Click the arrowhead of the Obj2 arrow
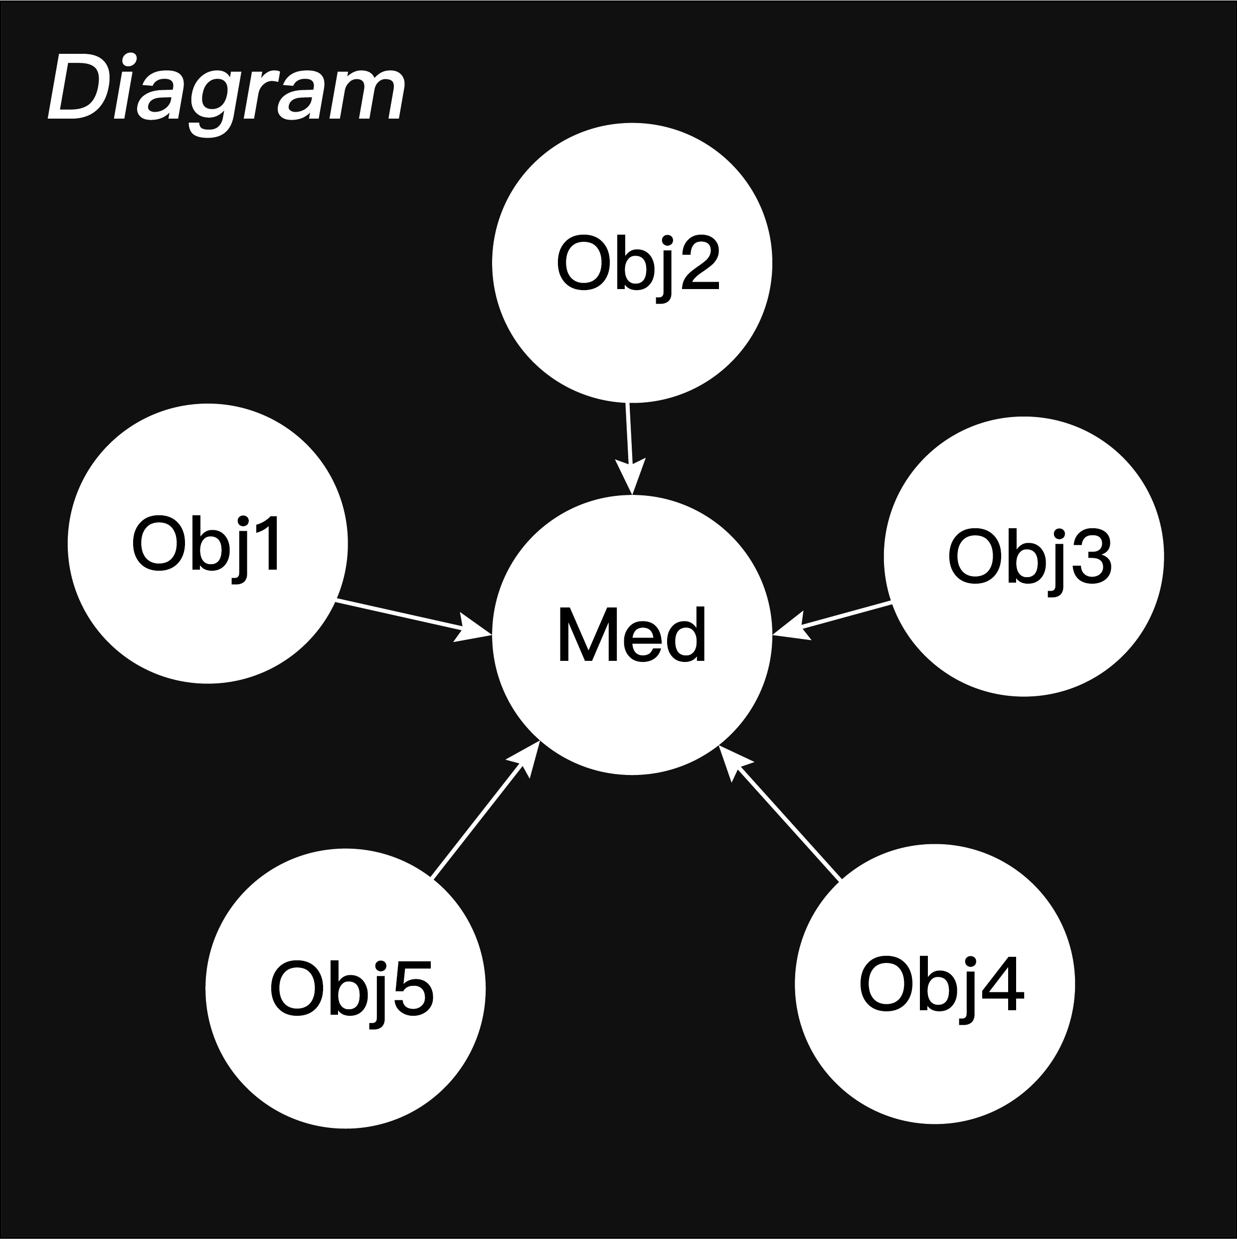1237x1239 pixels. point(632,478)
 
